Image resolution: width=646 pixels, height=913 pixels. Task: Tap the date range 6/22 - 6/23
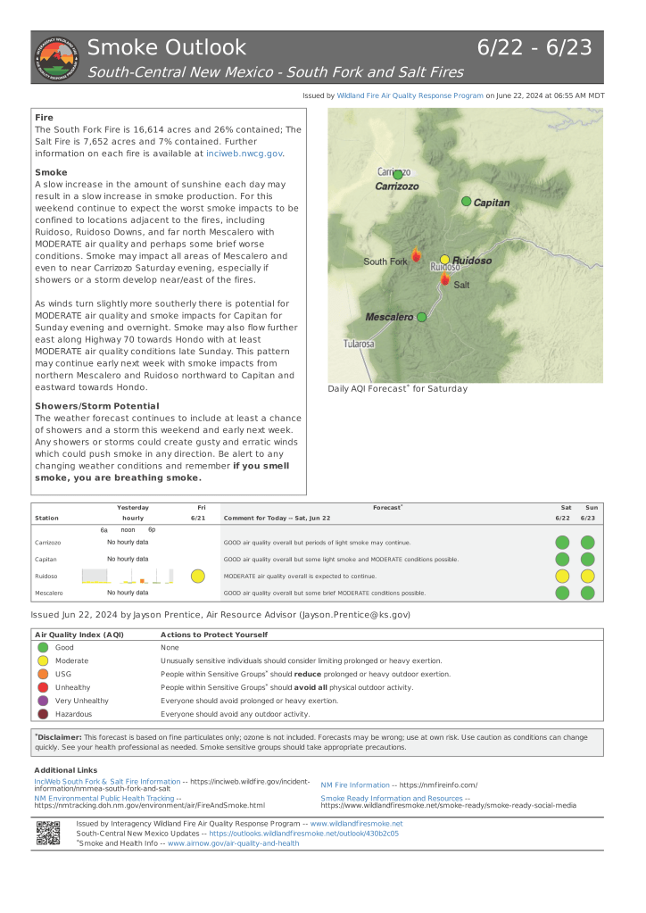coord(534,47)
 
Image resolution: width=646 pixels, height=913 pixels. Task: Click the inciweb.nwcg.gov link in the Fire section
coord(244,154)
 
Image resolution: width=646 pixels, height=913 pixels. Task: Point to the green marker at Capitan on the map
coord(466,202)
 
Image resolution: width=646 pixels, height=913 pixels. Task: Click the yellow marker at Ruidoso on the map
coord(444,260)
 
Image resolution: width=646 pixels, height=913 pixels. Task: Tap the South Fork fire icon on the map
coord(416,256)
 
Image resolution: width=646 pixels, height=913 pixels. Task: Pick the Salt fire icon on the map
coord(444,279)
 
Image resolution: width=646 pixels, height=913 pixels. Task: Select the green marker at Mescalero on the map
coord(422,317)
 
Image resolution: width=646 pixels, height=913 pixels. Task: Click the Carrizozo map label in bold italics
coord(397,187)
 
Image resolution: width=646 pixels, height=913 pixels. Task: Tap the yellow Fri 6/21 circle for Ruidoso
coord(198,576)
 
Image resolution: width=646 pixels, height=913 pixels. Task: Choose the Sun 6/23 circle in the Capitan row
coord(587,559)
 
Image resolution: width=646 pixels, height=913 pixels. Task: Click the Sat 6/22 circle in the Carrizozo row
coord(562,542)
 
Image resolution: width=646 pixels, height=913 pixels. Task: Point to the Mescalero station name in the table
coord(49,593)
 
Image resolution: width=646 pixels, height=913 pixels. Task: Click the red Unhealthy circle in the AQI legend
coord(42,687)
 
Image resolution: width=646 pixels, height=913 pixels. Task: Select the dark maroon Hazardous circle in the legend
coord(42,714)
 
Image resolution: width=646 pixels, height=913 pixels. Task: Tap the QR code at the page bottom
coord(48,832)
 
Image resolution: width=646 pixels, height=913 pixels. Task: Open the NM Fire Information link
coord(354,784)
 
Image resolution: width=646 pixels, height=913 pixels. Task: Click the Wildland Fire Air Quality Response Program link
coord(410,95)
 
